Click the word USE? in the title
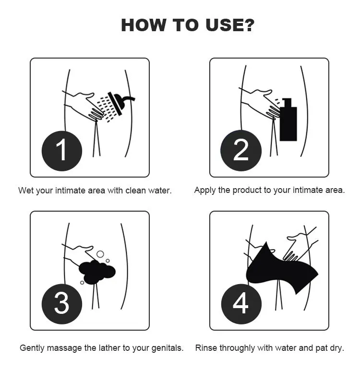(x=230, y=25)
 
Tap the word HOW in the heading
(x=144, y=25)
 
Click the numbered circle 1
(x=62, y=151)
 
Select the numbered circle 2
(x=241, y=151)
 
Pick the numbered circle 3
(x=62, y=304)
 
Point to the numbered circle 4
(x=241, y=304)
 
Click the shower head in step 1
(x=120, y=102)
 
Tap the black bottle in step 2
(x=288, y=119)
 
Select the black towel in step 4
(x=280, y=270)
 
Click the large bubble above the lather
(x=100, y=254)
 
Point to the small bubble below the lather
(x=82, y=283)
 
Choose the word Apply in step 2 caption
(x=205, y=190)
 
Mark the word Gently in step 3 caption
(x=32, y=348)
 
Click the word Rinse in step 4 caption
(x=206, y=347)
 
